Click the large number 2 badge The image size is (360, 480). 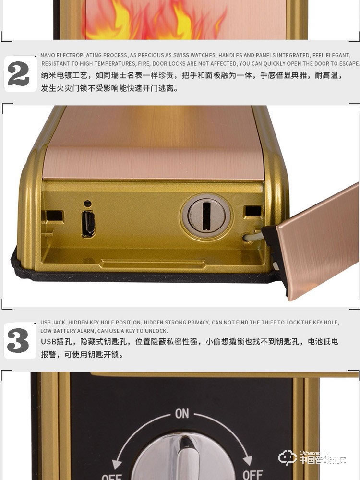(x=19, y=74)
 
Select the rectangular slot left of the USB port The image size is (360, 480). (x=55, y=213)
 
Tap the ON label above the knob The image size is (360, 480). (x=182, y=414)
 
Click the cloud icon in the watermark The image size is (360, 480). (x=288, y=457)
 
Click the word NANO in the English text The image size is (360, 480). (x=48, y=55)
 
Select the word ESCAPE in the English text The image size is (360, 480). (x=348, y=63)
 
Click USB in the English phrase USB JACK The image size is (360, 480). (x=46, y=323)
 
